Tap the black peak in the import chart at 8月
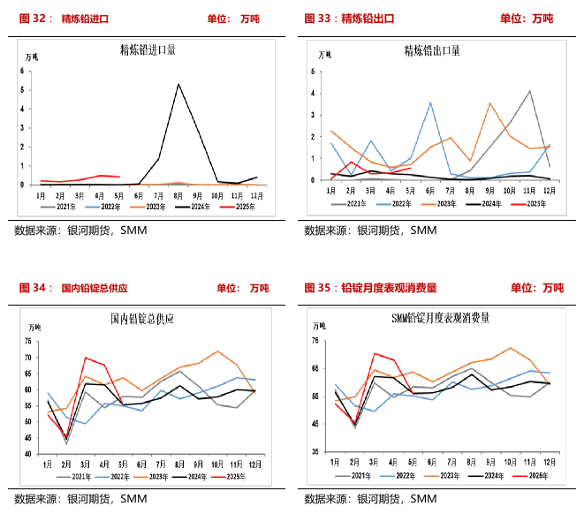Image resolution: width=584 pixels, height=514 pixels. [178, 84]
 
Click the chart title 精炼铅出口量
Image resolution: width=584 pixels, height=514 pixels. [431, 50]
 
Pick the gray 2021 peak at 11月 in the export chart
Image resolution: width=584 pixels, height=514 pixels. [529, 90]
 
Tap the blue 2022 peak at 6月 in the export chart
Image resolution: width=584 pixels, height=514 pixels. [430, 102]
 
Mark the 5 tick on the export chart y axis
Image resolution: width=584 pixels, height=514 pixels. [315, 69]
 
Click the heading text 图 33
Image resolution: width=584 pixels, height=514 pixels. [322, 18]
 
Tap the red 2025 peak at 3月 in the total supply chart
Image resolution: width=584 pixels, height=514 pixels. [86, 358]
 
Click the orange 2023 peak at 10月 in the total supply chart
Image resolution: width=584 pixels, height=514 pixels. [217, 351]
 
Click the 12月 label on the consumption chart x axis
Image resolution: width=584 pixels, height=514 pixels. [548, 462]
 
